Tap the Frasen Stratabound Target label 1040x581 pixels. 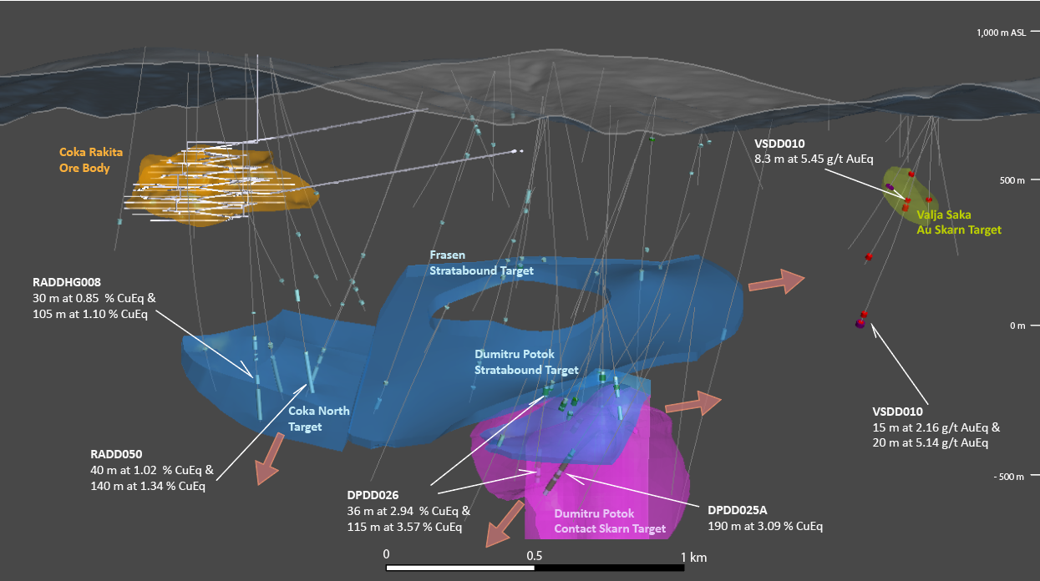(x=481, y=262)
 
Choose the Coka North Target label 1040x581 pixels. (x=318, y=418)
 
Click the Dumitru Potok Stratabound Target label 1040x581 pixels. (x=526, y=362)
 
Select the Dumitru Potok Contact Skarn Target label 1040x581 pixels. (x=610, y=521)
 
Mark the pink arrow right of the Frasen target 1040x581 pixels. (x=776, y=282)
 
